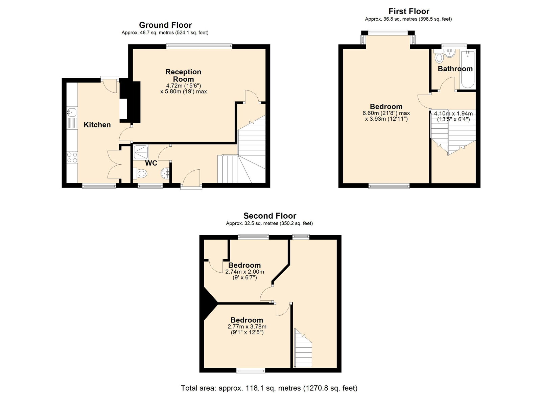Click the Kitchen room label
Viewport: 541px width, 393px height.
[97, 125]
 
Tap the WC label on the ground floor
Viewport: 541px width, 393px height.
[151, 163]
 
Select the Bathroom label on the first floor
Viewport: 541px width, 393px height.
[455, 69]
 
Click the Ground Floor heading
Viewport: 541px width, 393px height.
[165, 25]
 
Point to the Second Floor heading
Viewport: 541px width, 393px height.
[269, 216]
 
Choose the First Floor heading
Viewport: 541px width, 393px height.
[409, 11]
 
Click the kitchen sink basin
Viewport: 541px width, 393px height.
[72, 112]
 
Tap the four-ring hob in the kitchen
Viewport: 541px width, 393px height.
[72, 157]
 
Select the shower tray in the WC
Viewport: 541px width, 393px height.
[141, 152]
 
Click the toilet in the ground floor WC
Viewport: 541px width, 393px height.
[140, 173]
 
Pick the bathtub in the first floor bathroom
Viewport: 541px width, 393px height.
[468, 69]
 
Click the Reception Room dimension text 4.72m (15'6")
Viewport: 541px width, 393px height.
[183, 86]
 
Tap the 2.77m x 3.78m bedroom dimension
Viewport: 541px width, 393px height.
[247, 327]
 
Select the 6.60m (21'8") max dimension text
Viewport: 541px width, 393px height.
[386, 113]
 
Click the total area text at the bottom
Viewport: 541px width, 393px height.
[269, 381]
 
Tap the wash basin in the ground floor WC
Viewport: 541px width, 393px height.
[165, 173]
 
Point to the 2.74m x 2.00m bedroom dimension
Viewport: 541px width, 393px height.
[244, 272]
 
